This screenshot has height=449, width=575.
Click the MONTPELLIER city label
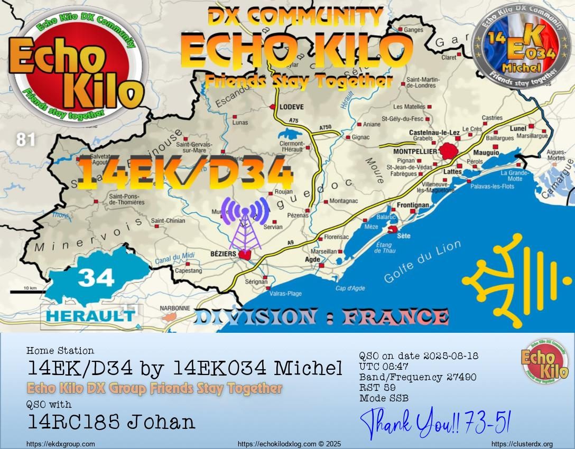[x=415, y=152]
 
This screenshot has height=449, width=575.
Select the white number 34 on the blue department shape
[x=96, y=277]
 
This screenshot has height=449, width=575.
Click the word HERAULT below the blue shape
[x=90, y=316]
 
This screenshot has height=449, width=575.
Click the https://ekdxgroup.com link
[x=60, y=444]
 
